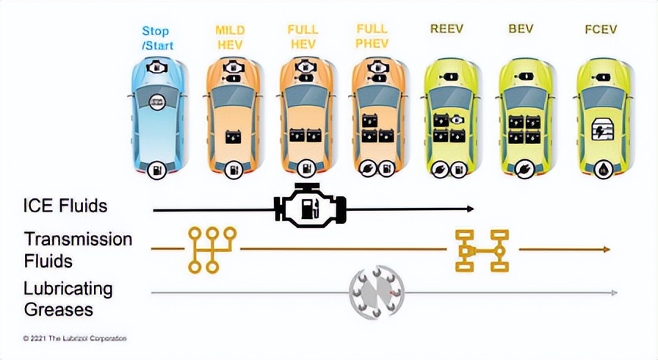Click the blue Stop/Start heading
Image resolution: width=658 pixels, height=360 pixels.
click(157, 38)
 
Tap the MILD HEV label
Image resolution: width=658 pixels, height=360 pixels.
click(230, 37)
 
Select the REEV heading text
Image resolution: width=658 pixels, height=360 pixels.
click(446, 29)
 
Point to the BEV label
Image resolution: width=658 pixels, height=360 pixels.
click(521, 29)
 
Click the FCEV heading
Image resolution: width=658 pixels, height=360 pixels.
click(601, 29)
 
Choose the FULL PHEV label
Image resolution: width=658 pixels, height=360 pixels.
click(372, 36)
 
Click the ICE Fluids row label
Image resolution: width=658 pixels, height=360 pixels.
click(65, 206)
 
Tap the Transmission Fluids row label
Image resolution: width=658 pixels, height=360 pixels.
click(78, 250)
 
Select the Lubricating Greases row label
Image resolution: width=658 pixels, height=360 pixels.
click(68, 299)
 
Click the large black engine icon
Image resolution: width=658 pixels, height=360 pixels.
click(310, 205)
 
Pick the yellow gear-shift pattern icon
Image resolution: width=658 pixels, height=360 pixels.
click(212, 250)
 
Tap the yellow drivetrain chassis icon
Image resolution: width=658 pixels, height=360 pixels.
click(482, 251)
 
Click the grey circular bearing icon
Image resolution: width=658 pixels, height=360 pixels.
click(377, 292)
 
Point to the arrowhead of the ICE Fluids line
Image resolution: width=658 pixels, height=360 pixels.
click(471, 209)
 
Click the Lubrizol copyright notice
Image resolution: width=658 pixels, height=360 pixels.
click(75, 338)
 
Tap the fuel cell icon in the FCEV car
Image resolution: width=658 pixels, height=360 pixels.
click(601, 129)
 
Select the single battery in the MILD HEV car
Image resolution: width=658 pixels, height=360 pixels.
click(234, 137)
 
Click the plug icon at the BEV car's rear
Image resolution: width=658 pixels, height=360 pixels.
click(524, 170)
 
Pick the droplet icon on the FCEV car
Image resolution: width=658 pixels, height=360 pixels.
click(604, 170)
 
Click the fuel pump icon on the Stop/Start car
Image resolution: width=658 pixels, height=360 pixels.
click(157, 170)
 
